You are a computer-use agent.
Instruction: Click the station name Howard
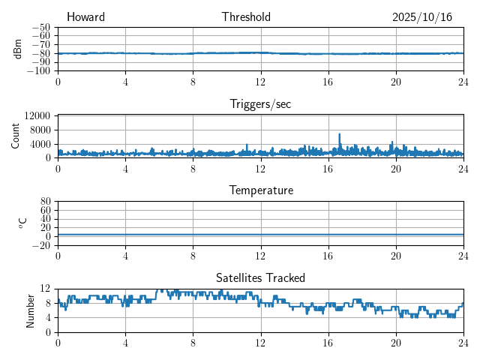pyautogui.click(x=85, y=17)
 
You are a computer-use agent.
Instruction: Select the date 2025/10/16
pyautogui.click(x=421, y=17)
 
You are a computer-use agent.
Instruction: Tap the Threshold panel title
pyautogui.click(x=246, y=17)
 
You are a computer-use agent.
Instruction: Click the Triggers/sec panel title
pyautogui.click(x=260, y=104)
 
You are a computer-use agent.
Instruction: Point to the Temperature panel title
pyautogui.click(x=260, y=190)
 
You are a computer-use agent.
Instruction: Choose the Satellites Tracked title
pyautogui.click(x=260, y=277)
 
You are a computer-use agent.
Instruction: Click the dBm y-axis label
pyautogui.click(x=17, y=49)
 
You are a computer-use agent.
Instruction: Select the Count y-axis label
pyautogui.click(x=16, y=136)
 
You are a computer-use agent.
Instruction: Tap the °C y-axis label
pyautogui.click(x=22, y=223)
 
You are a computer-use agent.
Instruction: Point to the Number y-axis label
pyautogui.click(x=31, y=310)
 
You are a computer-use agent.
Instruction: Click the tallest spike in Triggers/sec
pyautogui.click(x=340, y=134)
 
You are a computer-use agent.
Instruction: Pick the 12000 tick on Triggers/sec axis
pyautogui.click(x=37, y=115)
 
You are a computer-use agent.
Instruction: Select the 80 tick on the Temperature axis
pyautogui.click(x=45, y=202)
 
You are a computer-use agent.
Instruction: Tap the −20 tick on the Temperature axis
pyautogui.click(x=41, y=245)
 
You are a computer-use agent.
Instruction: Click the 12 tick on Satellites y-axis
pyautogui.click(x=45, y=289)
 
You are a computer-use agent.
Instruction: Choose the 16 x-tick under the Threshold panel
pyautogui.click(x=328, y=82)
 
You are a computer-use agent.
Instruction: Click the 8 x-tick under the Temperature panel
pyautogui.click(x=193, y=256)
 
